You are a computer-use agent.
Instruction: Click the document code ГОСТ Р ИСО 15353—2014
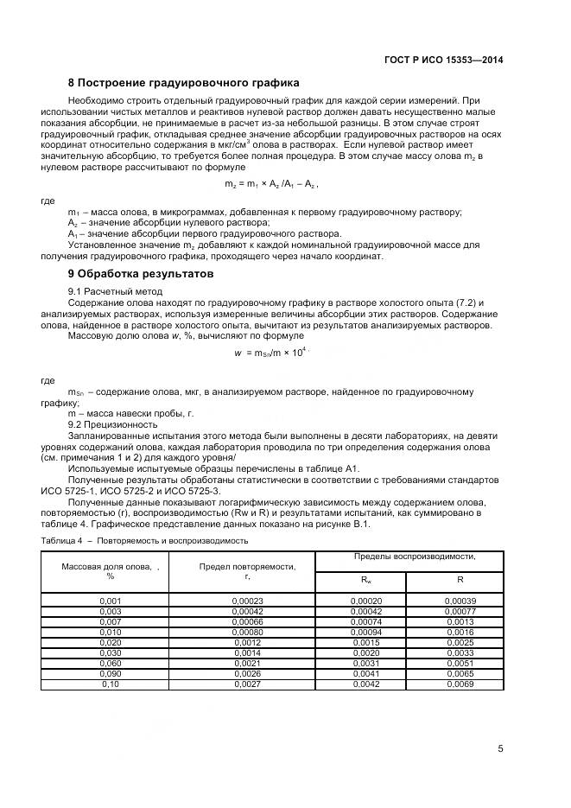click(x=443, y=60)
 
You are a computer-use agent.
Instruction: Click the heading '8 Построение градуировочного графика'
click(x=183, y=83)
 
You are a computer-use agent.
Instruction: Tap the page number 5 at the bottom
click(x=500, y=748)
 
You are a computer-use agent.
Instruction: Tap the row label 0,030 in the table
click(x=110, y=652)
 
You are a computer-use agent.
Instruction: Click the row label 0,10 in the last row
click(x=110, y=684)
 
